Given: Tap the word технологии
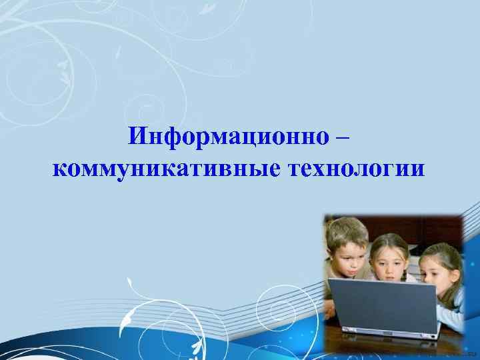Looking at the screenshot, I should [x=355, y=169].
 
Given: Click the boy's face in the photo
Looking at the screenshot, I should [x=347, y=257].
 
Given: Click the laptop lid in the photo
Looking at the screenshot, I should [x=383, y=307].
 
